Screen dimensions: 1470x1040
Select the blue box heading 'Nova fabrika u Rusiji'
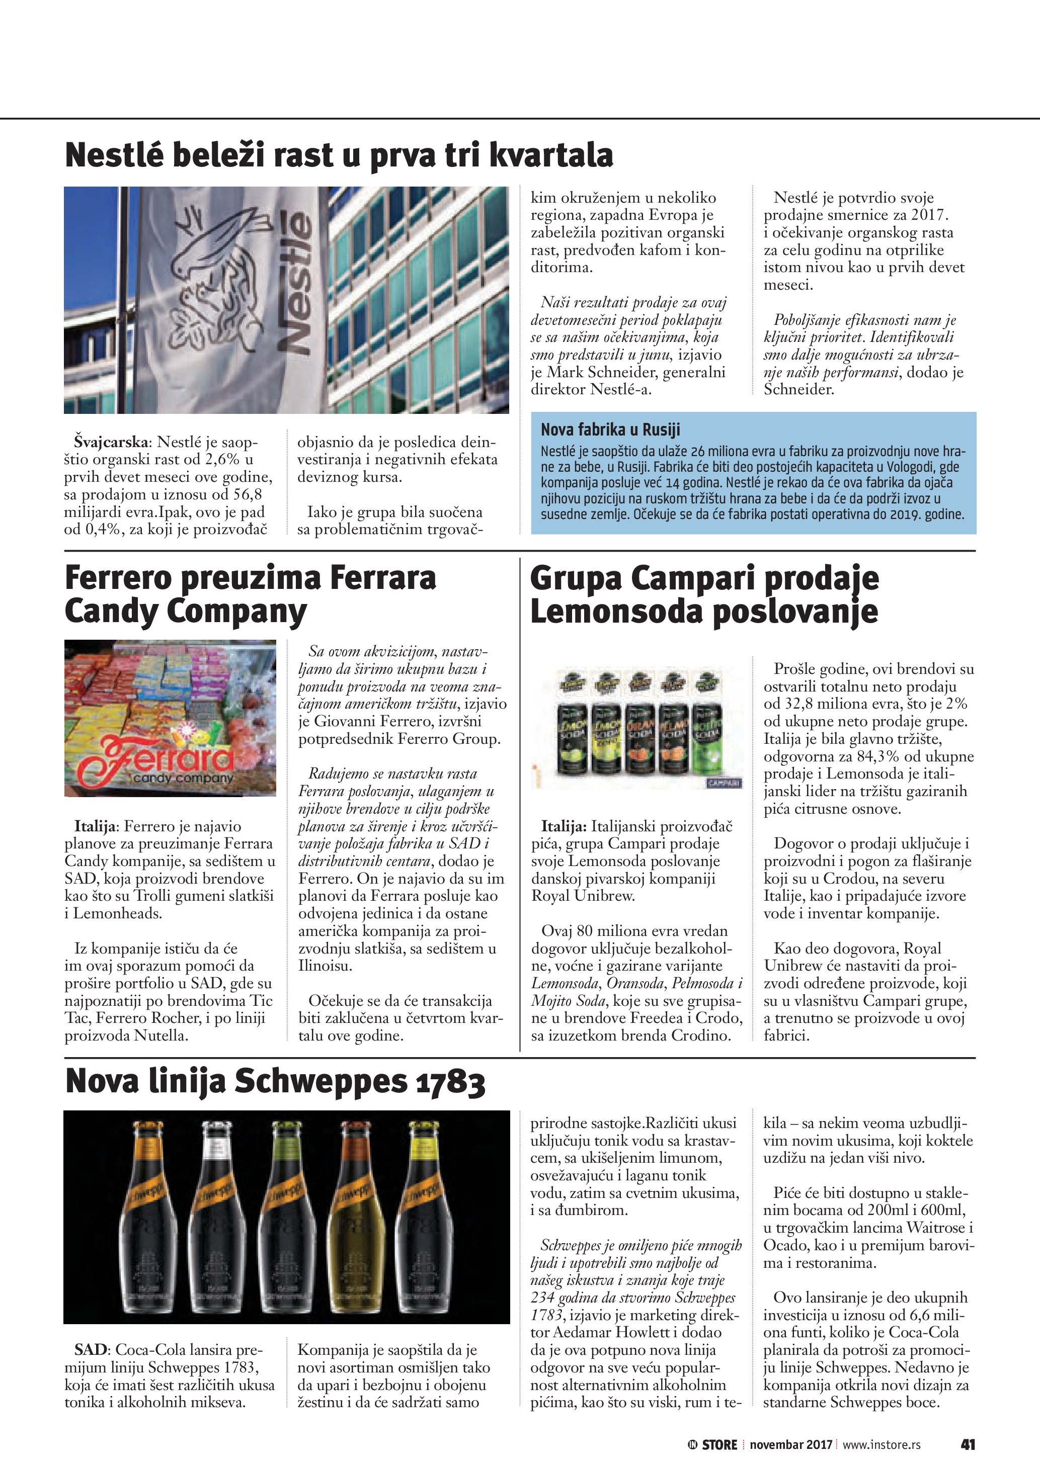click(x=610, y=429)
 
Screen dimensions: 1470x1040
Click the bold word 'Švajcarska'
click(x=111, y=442)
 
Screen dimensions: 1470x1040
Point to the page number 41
click(x=968, y=1444)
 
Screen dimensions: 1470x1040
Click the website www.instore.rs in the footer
click(x=881, y=1444)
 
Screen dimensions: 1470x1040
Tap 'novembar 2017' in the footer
click(x=790, y=1444)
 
